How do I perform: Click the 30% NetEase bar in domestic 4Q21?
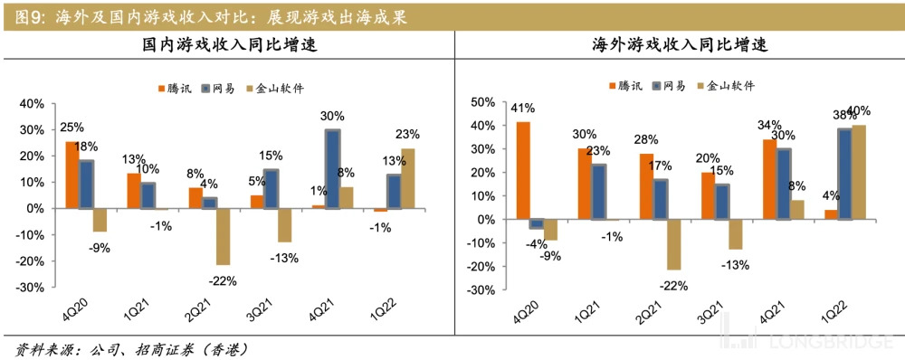point(333,169)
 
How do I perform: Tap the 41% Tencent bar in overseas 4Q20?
point(523,171)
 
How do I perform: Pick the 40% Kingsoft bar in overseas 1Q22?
point(859,173)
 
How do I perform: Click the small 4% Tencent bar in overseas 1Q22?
point(831,214)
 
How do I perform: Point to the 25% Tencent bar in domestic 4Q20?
point(71,175)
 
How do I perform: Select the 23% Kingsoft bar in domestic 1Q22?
point(408,178)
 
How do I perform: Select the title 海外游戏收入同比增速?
point(678,46)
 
